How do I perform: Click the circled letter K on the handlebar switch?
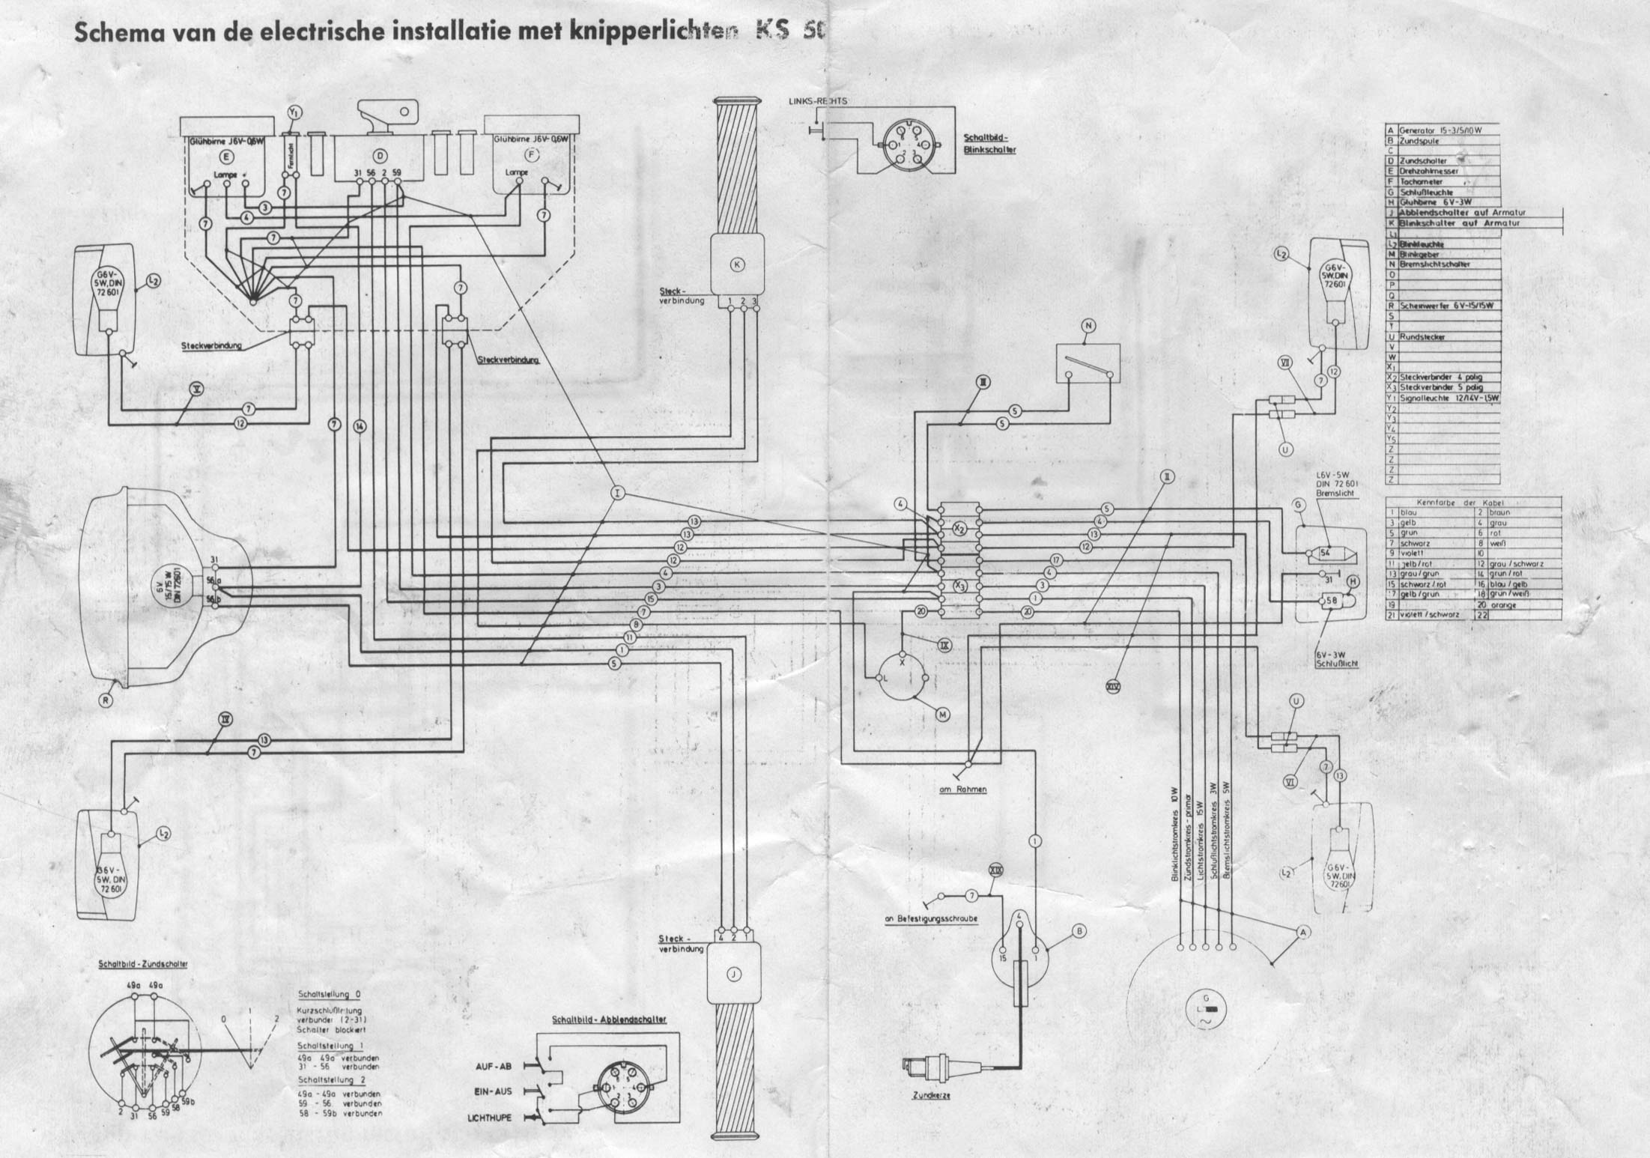pyautogui.click(x=737, y=264)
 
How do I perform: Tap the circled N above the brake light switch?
pyautogui.click(x=1088, y=325)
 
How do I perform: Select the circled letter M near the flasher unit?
pyautogui.click(x=942, y=715)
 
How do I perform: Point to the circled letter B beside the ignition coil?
pyautogui.click(x=1079, y=931)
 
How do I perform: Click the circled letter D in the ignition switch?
pyautogui.click(x=380, y=156)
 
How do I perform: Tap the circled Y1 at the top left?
pyautogui.click(x=294, y=112)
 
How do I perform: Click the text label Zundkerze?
pyautogui.click(x=931, y=1096)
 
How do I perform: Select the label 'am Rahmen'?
pyautogui.click(x=962, y=789)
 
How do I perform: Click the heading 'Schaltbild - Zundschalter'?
pyautogui.click(x=143, y=964)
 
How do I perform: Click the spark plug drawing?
pyautogui.click(x=926, y=1067)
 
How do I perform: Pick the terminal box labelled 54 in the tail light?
pyautogui.click(x=1324, y=554)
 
